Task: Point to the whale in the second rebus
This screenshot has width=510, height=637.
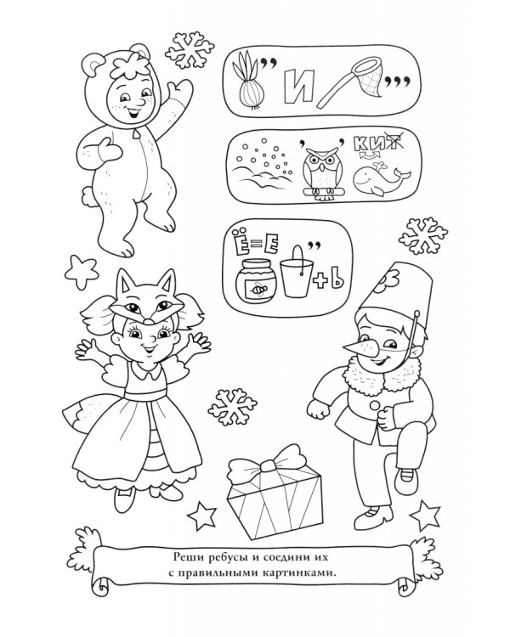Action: pos(380,179)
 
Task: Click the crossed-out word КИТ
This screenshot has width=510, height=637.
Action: pos(377,144)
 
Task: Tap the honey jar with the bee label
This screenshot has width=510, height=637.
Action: pos(256,280)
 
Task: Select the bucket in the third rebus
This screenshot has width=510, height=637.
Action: pos(297,272)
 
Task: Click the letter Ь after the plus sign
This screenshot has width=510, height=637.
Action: pos(337,280)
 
